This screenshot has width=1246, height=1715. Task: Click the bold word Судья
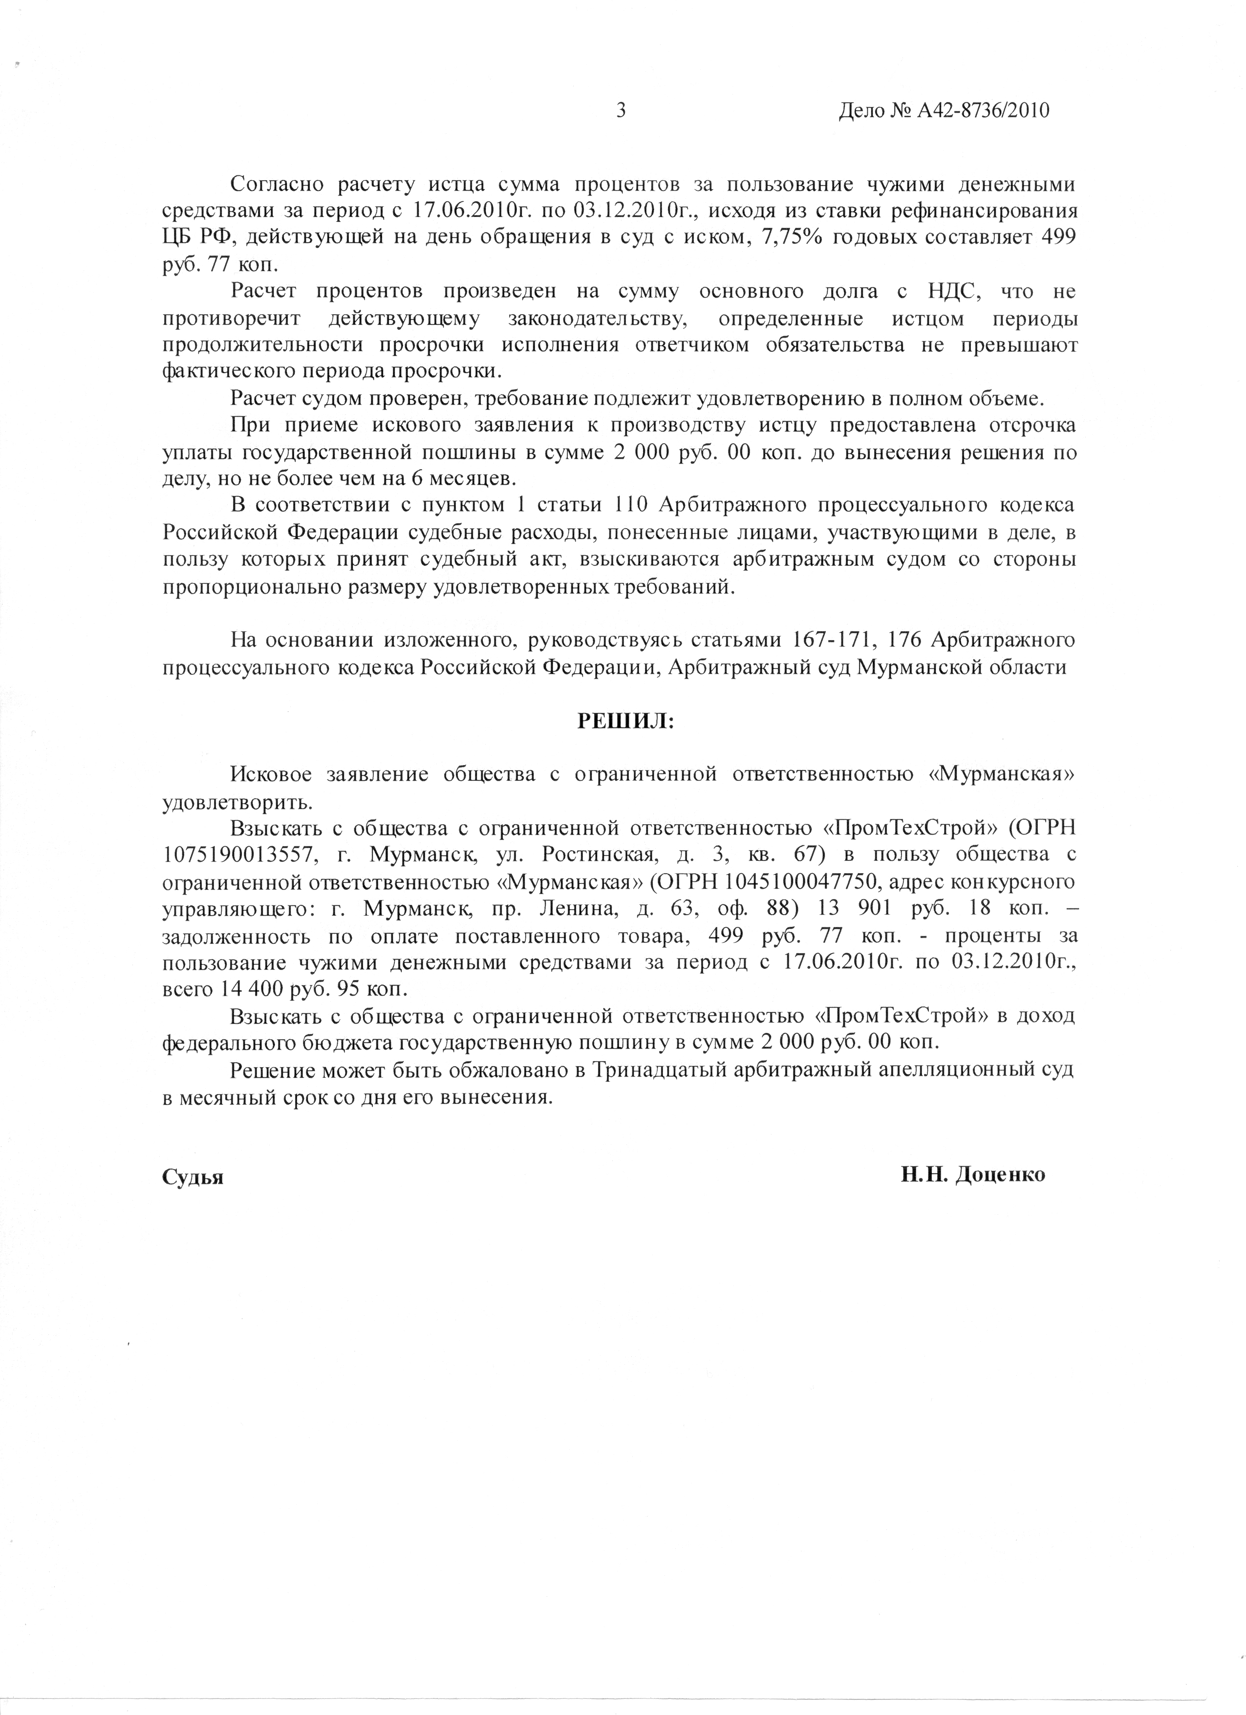[x=193, y=1177]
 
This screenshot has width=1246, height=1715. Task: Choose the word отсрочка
[x=1032, y=426]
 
